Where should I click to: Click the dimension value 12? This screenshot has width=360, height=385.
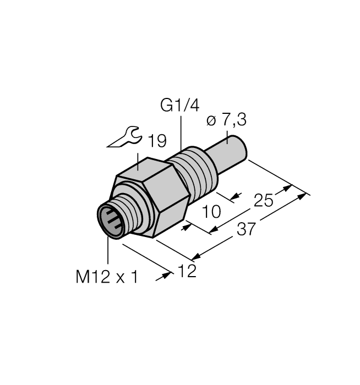[x=187, y=271]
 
